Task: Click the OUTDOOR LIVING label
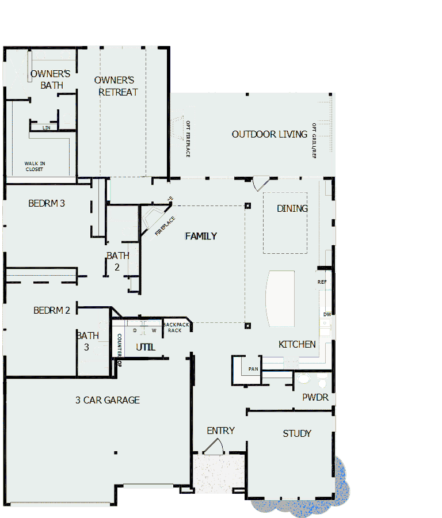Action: (269, 134)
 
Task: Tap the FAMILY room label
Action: (201, 236)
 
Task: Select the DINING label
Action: (292, 208)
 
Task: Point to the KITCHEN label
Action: (297, 344)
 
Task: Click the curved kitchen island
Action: (280, 299)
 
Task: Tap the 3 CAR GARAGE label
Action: (108, 400)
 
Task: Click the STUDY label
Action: (297, 433)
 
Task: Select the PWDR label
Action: (315, 398)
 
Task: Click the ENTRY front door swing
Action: (214, 448)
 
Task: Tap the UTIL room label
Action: (145, 347)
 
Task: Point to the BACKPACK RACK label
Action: (175, 327)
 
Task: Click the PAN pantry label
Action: (253, 369)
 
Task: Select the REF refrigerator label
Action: (322, 282)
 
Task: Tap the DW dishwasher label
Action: (326, 314)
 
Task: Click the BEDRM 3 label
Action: (47, 203)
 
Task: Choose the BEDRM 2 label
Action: (52, 310)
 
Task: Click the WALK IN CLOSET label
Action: (35, 166)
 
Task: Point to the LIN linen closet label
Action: (46, 128)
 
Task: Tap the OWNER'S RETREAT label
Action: (117, 86)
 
